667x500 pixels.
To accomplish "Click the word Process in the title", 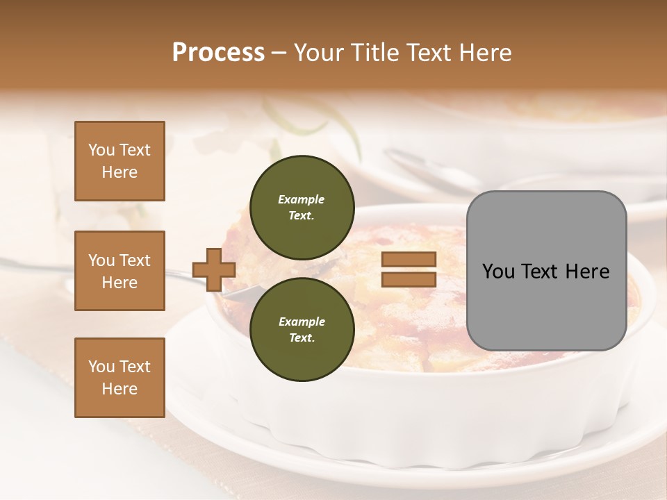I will [x=218, y=53].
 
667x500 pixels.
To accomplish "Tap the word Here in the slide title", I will [x=485, y=53].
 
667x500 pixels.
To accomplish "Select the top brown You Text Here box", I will [x=120, y=161].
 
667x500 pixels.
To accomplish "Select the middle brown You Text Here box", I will [x=120, y=271].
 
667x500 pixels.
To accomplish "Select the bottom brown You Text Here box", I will [x=120, y=378].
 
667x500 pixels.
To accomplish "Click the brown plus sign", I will [x=213, y=269].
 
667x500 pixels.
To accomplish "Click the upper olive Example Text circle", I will [x=302, y=207].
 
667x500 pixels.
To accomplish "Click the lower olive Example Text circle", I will [x=302, y=329].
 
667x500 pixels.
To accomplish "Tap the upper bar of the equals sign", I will [x=409, y=260].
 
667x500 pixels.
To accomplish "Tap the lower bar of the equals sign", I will [x=409, y=279].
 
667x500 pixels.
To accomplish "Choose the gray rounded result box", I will [x=546, y=270].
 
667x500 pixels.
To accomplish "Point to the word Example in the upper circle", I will [x=302, y=199].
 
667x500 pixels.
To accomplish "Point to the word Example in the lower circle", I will [x=302, y=322].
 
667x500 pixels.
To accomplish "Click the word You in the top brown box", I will [x=101, y=150].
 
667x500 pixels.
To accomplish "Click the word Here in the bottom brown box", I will [x=120, y=389].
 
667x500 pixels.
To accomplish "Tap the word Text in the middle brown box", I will [x=135, y=260].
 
